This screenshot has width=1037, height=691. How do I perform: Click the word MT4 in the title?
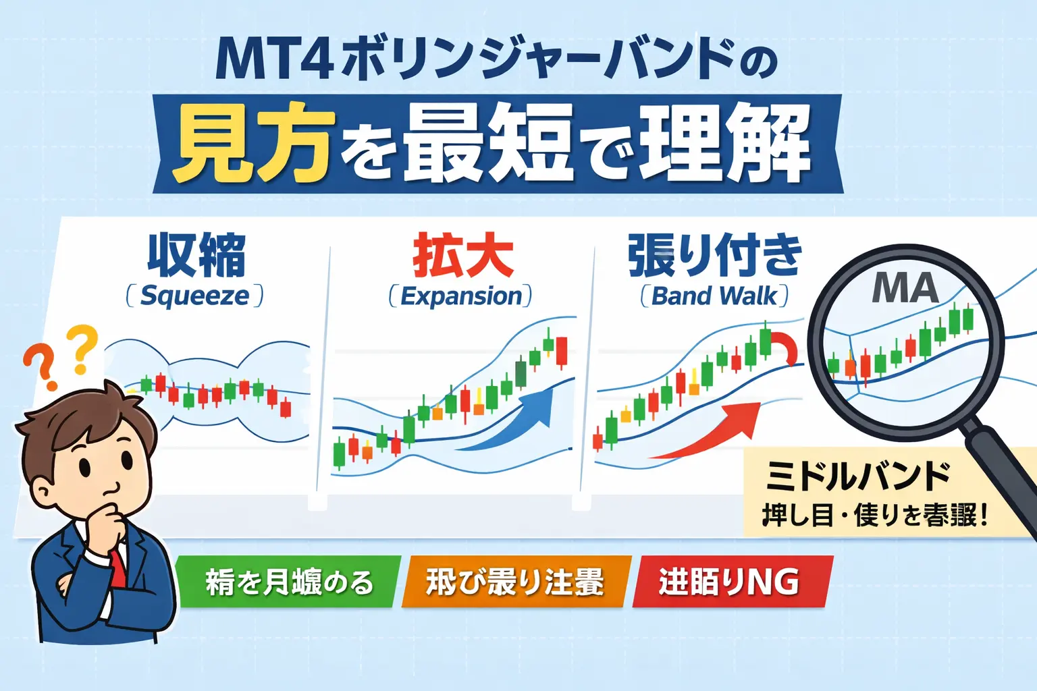pyautogui.click(x=274, y=61)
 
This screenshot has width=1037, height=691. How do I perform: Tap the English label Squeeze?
pyautogui.click(x=194, y=296)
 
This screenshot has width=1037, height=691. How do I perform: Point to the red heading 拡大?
pyautogui.click(x=463, y=256)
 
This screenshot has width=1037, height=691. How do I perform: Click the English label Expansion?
pyautogui.click(x=461, y=296)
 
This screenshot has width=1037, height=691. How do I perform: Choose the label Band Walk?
pyautogui.click(x=714, y=296)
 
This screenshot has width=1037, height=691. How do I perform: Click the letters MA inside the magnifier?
pyautogui.click(x=905, y=288)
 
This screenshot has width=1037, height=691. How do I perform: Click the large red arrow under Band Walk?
pyautogui.click(x=709, y=432)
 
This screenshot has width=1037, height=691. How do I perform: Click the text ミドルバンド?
pyautogui.click(x=858, y=477)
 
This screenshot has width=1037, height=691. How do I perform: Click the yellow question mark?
pyautogui.click(x=82, y=348)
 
